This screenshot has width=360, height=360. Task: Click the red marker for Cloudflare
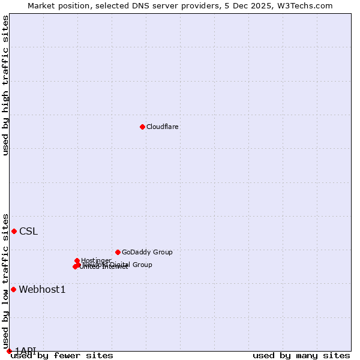tap(142, 127)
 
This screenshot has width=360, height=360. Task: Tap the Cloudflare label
tap(163, 127)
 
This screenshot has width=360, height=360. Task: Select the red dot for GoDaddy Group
tap(118, 252)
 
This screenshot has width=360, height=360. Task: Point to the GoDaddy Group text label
tap(147, 252)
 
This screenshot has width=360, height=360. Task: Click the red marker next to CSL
tap(14, 231)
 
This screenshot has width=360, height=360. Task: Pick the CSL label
tap(28, 232)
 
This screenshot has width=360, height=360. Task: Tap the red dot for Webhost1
tap(13, 289)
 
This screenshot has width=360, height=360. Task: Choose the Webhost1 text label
tap(42, 290)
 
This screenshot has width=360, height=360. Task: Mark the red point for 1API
tap(9, 351)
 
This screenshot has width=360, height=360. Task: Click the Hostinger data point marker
tap(77, 260)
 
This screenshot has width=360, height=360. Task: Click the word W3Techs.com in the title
tap(308, 5)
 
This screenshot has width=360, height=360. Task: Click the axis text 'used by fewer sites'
tap(62, 355)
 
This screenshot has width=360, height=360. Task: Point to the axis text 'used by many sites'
tap(301, 355)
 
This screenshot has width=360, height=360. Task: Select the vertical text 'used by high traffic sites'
tap(5, 85)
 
